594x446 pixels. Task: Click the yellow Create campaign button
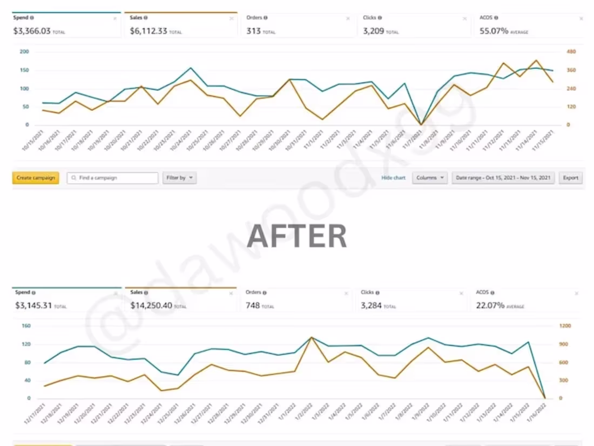(36, 178)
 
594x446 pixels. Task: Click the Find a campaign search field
(113, 178)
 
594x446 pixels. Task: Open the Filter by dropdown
(179, 178)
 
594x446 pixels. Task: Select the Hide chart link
(393, 178)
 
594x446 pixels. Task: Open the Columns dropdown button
(430, 178)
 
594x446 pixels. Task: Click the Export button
(570, 178)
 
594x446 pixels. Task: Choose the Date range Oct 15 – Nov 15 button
(503, 178)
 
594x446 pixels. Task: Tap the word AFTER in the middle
(297, 236)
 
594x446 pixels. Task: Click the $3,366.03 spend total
(32, 31)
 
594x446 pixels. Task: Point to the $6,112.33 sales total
(148, 31)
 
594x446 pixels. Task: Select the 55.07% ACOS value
(494, 31)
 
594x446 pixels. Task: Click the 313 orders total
(254, 31)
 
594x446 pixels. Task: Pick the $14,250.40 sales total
(151, 305)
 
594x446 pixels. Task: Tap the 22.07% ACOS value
(490, 305)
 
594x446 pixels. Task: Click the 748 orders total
(253, 305)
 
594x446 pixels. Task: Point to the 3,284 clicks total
(372, 305)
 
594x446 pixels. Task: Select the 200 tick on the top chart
(24, 52)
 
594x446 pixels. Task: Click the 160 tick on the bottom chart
(25, 326)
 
